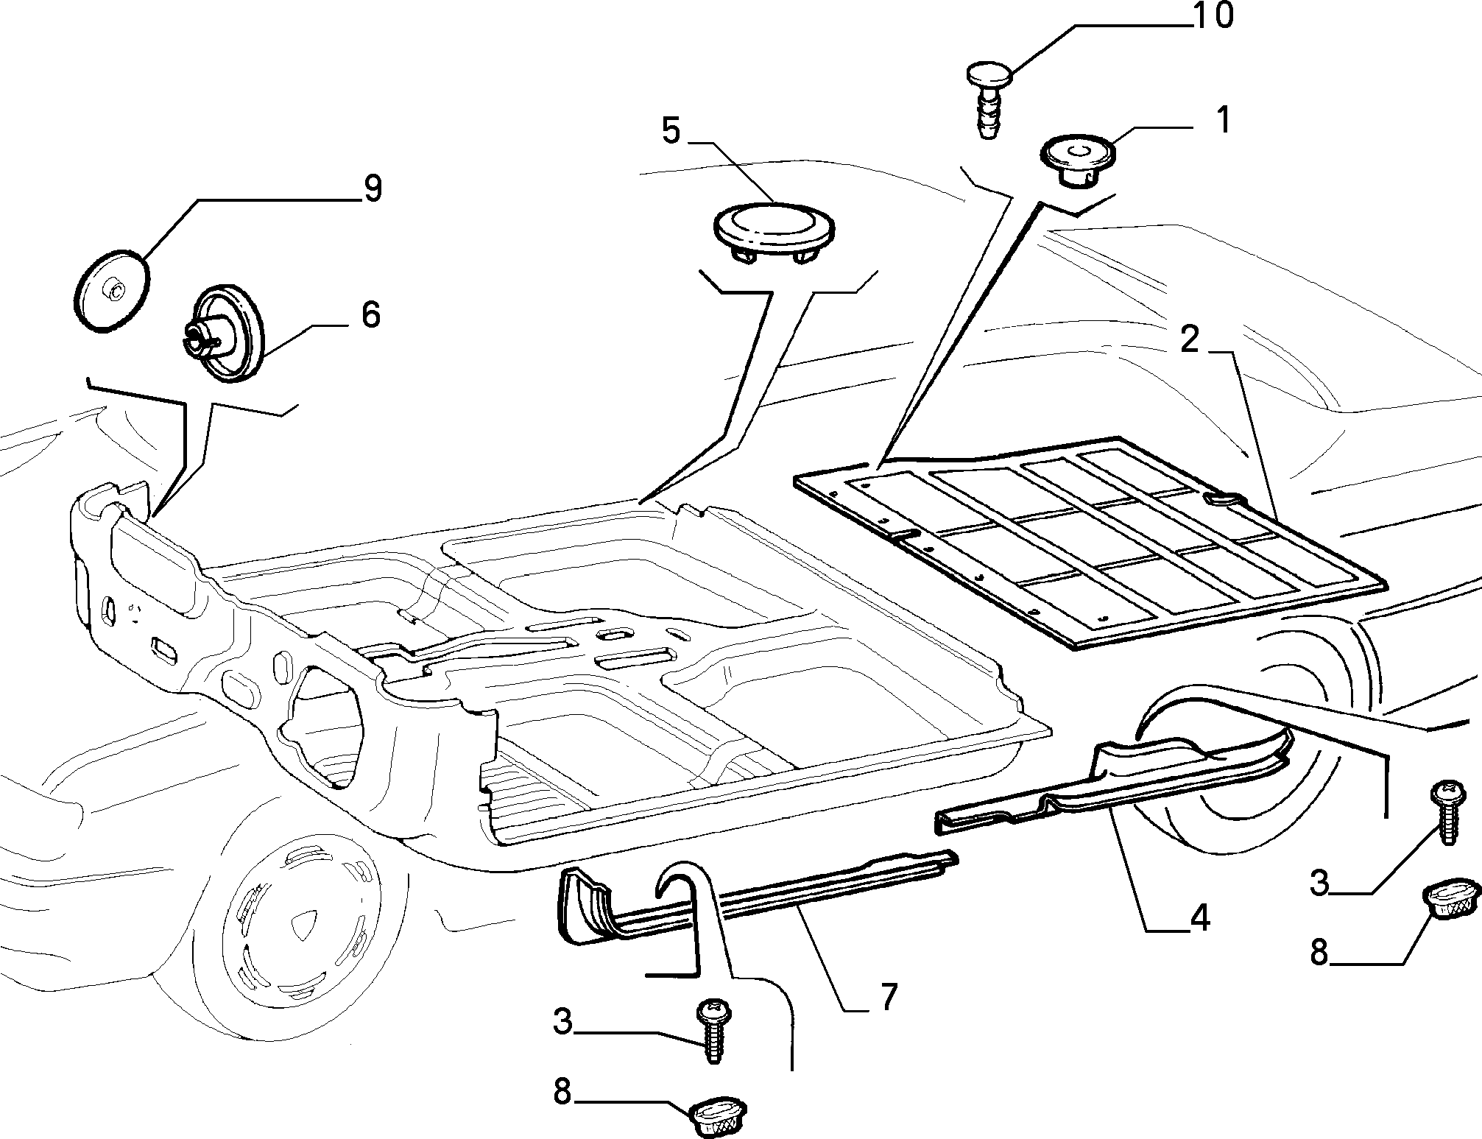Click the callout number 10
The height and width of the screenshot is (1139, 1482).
point(1212,17)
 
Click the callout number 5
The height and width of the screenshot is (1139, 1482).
point(671,132)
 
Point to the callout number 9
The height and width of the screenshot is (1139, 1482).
point(373,189)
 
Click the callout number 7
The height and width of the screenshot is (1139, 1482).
point(889,997)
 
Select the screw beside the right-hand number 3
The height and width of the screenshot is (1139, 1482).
point(1443,814)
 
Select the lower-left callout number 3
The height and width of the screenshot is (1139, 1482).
point(563,1023)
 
